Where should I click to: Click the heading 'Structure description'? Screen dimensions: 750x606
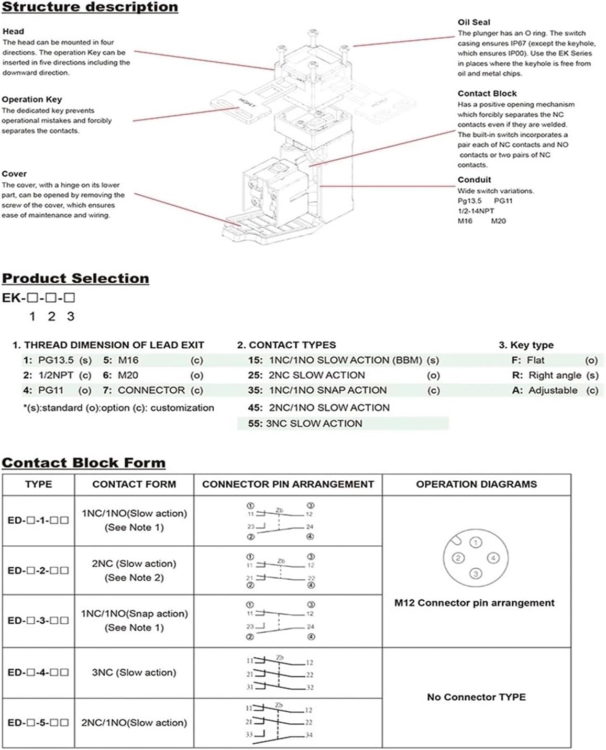pyautogui.click(x=90, y=7)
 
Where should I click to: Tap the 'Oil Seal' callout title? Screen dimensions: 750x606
pyautogui.click(x=473, y=22)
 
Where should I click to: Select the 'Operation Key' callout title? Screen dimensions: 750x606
pyautogui.click(x=32, y=100)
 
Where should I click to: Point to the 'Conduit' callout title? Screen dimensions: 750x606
pyautogui.click(x=474, y=180)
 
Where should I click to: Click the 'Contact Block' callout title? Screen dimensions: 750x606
pyautogui.click(x=487, y=93)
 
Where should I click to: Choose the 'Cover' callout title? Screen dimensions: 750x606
pyautogui.click(x=14, y=174)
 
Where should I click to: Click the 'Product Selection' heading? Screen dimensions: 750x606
pyautogui.click(x=75, y=278)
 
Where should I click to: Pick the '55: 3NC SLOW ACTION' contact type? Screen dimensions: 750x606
pyautogui.click(x=305, y=423)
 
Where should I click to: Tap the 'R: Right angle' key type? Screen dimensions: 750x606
pyautogui.click(x=547, y=375)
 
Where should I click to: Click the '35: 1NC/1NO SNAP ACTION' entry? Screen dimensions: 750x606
pyautogui.click(x=317, y=390)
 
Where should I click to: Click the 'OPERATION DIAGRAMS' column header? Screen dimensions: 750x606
pyautogui.click(x=476, y=484)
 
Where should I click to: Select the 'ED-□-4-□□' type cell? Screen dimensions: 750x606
pyautogui.click(x=38, y=672)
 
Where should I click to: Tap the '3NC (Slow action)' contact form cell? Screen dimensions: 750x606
pyautogui.click(x=134, y=672)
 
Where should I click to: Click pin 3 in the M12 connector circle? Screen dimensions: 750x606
pyautogui.click(x=476, y=574)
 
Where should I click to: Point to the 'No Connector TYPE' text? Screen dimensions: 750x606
pyautogui.click(x=476, y=697)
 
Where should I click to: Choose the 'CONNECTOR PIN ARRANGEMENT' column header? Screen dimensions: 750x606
pyautogui.click(x=288, y=484)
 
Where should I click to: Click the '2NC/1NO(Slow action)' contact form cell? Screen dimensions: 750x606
pyautogui.click(x=134, y=723)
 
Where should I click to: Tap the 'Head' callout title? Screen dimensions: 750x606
pyautogui.click(x=13, y=31)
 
